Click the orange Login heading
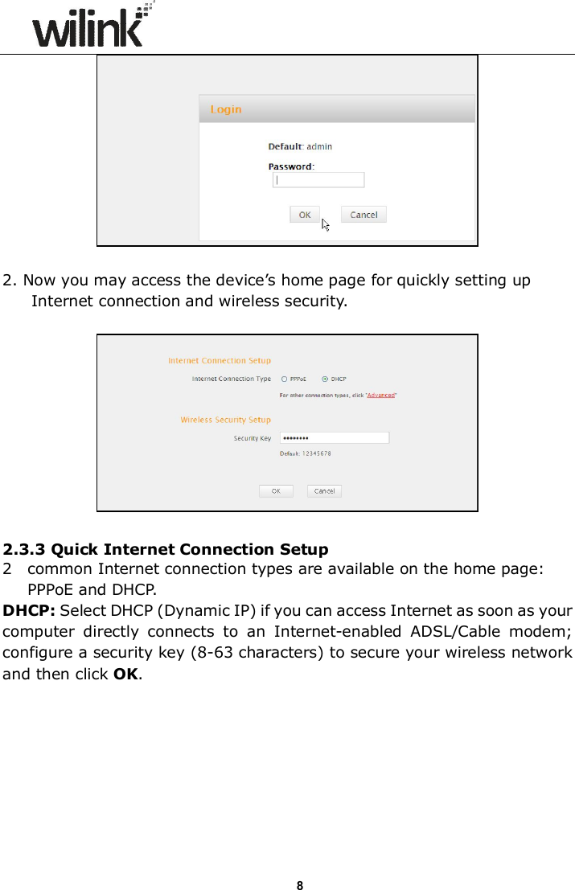[x=225, y=109]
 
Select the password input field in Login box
[x=319, y=180]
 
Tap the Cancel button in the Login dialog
[x=363, y=215]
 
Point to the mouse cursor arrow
[x=326, y=225]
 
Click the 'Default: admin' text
[x=299, y=146]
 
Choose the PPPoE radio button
[x=284, y=379]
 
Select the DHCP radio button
[x=325, y=379]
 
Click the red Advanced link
[x=381, y=395]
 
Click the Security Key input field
[x=334, y=438]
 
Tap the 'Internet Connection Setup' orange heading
[x=219, y=361]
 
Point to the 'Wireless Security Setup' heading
[x=225, y=420]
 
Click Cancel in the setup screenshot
[x=324, y=490]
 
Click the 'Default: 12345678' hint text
[x=305, y=453]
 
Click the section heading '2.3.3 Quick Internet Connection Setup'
[x=166, y=550]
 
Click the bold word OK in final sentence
[x=125, y=651]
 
